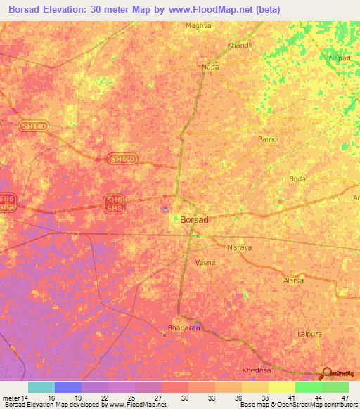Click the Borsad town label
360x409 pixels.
[194, 220]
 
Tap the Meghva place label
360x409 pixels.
[198, 25]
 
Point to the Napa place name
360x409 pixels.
[210, 67]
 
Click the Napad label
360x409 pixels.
[340, 58]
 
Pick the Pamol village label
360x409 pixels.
[269, 139]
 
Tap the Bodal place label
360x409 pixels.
[299, 179]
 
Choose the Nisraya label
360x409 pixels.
[239, 247]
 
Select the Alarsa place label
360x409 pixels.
[292, 280]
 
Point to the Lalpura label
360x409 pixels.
[309, 334]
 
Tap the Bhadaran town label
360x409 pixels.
[184, 328]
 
